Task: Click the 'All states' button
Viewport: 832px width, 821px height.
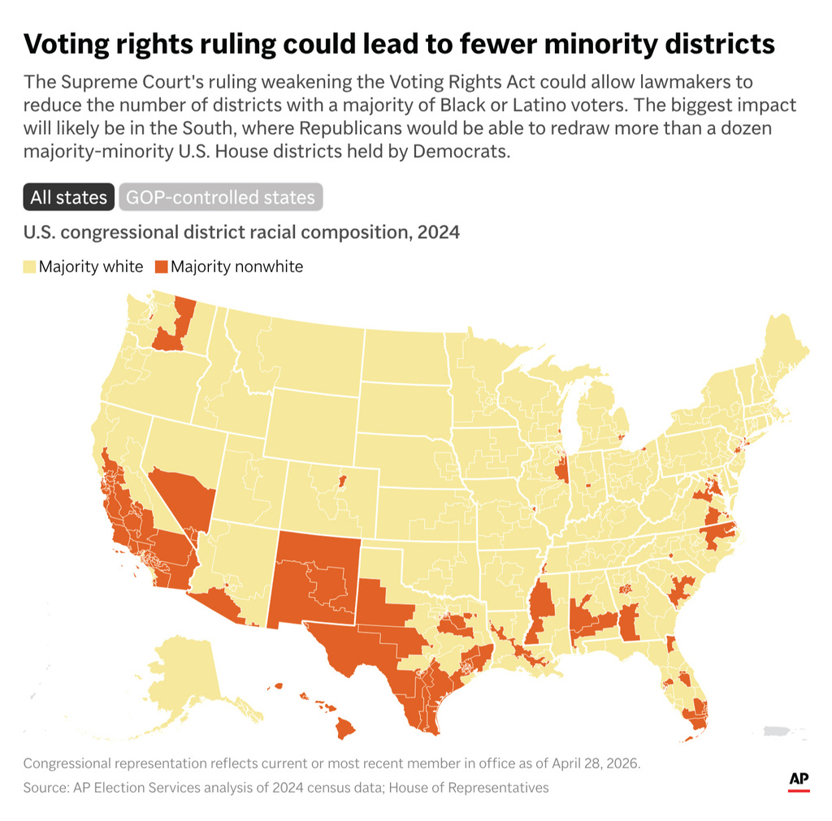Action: point(68,197)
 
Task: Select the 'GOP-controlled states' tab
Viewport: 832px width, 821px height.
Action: point(220,197)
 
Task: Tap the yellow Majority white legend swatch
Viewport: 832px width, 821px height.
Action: point(30,266)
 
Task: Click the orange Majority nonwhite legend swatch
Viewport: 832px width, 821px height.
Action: point(161,266)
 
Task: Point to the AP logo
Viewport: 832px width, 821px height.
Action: point(799,781)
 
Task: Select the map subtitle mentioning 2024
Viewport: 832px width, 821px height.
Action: point(241,232)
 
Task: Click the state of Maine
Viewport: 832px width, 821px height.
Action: point(786,349)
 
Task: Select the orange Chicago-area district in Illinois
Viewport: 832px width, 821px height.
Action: point(561,470)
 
